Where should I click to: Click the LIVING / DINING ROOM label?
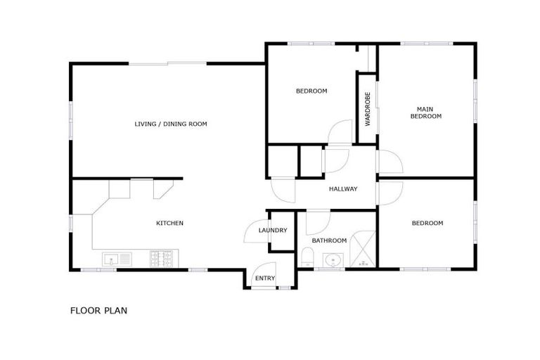[x=171, y=124]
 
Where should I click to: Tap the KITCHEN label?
[x=169, y=223]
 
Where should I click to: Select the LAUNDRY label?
[x=272, y=230]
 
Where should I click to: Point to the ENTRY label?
[x=265, y=278]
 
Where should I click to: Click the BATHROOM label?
[x=330, y=240]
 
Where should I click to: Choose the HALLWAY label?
[x=343, y=188]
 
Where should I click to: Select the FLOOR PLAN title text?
[x=98, y=310]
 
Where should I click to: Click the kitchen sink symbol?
[x=117, y=259]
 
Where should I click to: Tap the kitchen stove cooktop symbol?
[x=163, y=259]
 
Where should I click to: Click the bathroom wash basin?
[x=333, y=261]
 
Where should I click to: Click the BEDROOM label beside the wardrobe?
[x=311, y=91]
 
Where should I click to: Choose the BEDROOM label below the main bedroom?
[x=427, y=223]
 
